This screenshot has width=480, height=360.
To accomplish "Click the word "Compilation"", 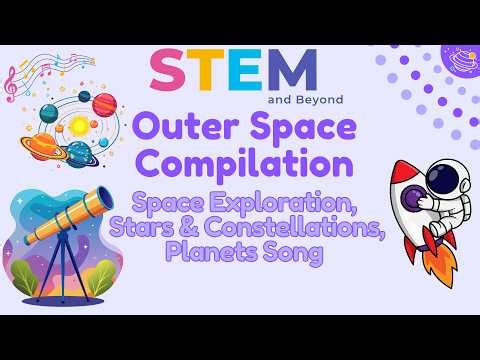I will pyautogui.click(x=242, y=160).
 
